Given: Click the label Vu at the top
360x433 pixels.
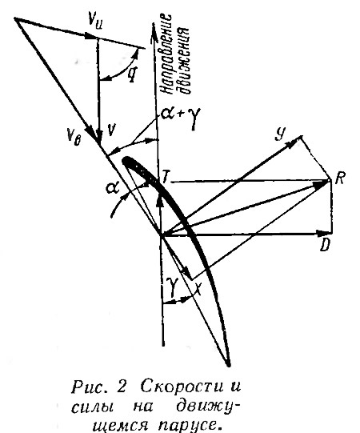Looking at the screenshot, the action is (94, 24).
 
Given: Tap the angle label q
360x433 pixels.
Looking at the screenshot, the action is (131, 73).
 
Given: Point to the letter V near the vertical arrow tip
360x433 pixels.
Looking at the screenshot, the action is (110, 130).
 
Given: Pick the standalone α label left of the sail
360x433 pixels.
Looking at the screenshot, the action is (113, 189).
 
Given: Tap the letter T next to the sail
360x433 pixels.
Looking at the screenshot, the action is (165, 176).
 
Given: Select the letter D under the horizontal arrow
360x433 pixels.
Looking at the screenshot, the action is (325, 245).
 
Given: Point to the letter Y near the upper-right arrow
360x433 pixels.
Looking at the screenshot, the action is (280, 135).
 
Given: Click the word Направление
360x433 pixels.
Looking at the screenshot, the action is (166, 54).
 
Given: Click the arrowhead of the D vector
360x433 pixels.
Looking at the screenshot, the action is (322, 234).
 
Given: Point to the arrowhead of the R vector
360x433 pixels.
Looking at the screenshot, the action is (322, 183).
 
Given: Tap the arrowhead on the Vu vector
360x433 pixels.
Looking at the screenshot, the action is (90, 36).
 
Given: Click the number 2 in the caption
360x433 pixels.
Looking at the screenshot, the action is (121, 387).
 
